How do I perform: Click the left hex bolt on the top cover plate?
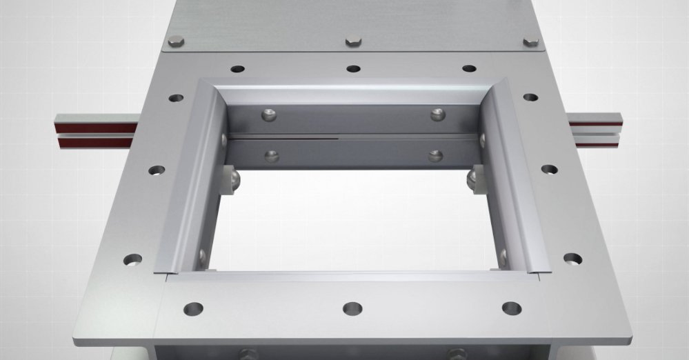pos(177,41)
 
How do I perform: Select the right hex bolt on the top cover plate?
pos(530,42)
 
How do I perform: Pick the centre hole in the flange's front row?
pos(352,308)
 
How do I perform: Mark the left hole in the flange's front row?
pos(193,308)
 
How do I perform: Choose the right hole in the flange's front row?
pos(511,308)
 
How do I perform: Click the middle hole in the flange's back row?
pos(353,68)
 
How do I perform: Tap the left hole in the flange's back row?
pos(238,69)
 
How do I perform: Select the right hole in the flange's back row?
pos(469,68)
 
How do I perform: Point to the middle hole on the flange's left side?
pos(157,170)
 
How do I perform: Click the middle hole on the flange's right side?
pos(549,169)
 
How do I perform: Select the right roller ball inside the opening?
pos(472,177)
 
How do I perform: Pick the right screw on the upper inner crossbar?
pos(437,114)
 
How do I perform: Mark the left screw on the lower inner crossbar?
pos(272,156)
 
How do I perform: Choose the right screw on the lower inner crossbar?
pos(435,155)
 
